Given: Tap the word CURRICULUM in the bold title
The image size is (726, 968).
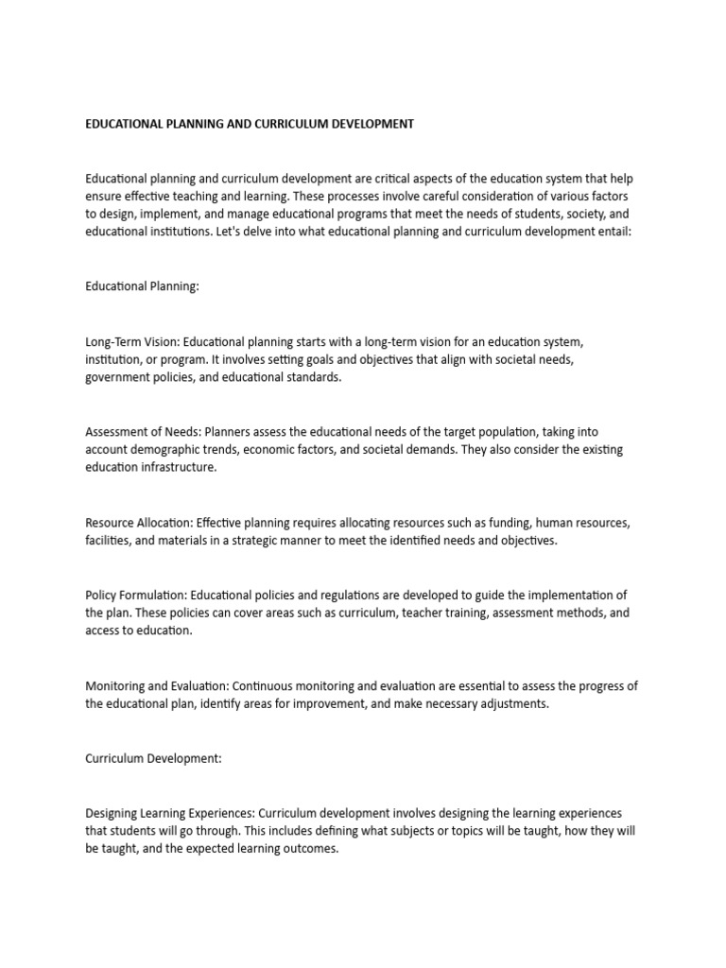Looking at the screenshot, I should pos(288,124).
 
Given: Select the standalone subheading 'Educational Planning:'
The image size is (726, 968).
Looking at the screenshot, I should pos(142,287).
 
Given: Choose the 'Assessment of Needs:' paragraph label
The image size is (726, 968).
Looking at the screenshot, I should pos(144,432).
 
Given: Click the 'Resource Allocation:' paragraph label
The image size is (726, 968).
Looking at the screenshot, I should pos(136,523).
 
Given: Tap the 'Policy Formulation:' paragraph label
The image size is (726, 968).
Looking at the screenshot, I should pos(136,595).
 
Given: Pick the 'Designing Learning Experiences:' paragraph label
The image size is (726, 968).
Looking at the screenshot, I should pos(170,813).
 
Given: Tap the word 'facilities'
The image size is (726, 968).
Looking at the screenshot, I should pos(108,541).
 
